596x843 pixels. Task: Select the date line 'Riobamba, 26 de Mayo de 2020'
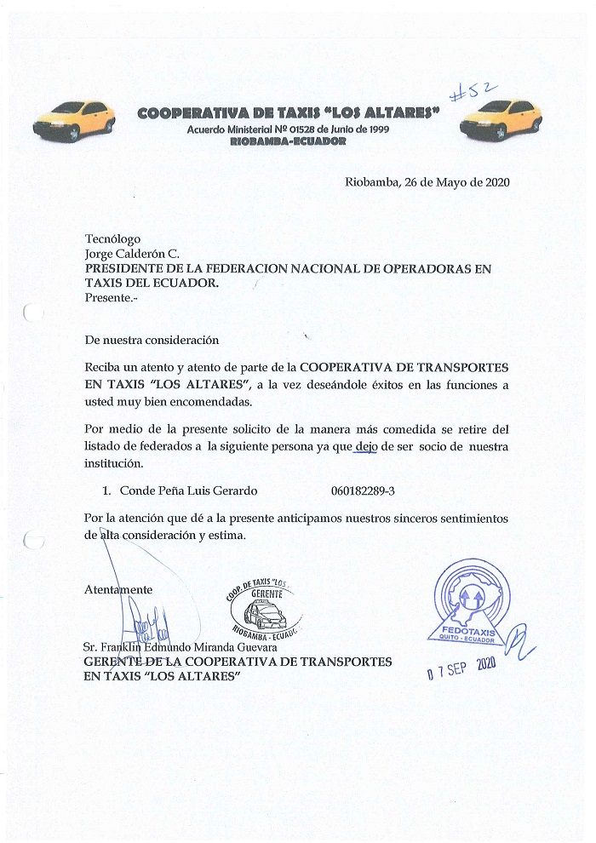click(427, 182)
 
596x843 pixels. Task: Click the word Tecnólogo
click(113, 239)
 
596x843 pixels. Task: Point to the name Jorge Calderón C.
click(132, 254)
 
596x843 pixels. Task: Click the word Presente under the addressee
click(108, 298)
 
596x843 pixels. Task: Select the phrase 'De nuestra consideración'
click(152, 339)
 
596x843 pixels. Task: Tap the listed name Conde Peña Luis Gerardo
click(188, 490)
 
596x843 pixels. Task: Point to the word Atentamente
click(119, 589)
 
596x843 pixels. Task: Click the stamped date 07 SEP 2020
click(461, 668)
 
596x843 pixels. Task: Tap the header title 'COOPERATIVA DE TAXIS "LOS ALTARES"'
click(288, 113)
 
